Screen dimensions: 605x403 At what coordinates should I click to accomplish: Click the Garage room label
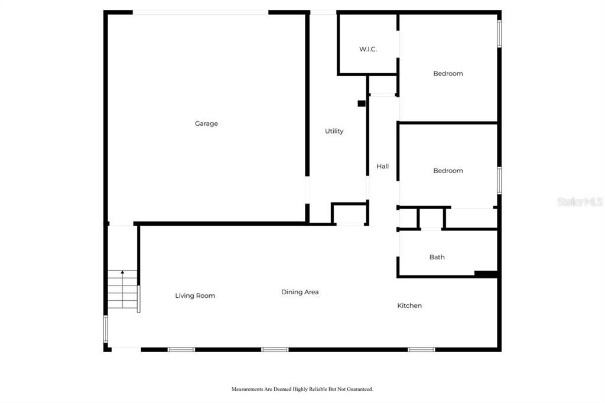(206, 123)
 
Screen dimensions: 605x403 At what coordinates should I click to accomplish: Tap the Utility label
(334, 131)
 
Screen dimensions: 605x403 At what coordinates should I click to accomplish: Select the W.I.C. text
(368, 49)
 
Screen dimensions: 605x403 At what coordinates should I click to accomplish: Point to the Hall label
(383, 167)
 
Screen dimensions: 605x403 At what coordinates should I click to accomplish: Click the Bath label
(437, 257)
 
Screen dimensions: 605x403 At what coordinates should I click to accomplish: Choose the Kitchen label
(409, 305)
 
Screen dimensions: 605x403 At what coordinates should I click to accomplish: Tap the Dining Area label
(300, 292)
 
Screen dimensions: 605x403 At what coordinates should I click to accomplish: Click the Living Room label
(195, 295)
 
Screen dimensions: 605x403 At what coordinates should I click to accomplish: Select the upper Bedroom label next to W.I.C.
(448, 73)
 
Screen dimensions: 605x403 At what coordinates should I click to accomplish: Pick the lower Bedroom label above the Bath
(448, 171)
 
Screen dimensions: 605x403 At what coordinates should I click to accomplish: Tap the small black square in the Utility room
(362, 103)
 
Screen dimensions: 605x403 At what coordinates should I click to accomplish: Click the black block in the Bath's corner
(486, 274)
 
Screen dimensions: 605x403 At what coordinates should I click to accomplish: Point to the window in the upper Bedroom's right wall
(499, 34)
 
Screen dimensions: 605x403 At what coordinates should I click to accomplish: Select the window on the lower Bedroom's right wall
(499, 180)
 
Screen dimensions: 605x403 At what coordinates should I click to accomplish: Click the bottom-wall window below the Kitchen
(421, 350)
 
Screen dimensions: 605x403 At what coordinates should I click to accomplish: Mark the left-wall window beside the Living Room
(105, 329)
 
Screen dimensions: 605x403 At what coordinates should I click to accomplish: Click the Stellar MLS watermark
(580, 201)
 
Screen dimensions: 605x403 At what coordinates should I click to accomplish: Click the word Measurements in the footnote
(247, 389)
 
